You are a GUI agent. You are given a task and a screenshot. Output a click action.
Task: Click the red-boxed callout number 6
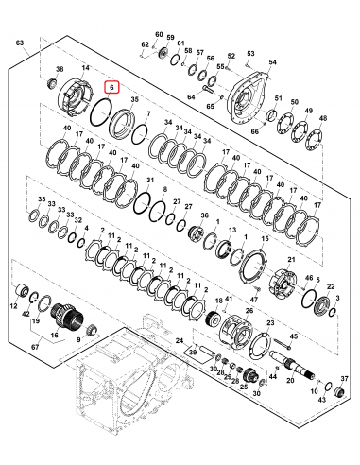pyautogui.click(x=112, y=86)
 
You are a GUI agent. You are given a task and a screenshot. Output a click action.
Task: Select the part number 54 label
pyautogui.click(x=274, y=61)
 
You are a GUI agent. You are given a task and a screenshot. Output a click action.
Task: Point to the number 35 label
pyautogui.click(x=134, y=98)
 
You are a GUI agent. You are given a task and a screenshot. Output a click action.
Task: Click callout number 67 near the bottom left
pyautogui.click(x=35, y=348)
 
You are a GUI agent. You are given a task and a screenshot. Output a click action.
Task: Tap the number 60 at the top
pyautogui.click(x=159, y=33)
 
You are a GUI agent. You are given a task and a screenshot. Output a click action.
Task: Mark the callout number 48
pyautogui.click(x=324, y=118)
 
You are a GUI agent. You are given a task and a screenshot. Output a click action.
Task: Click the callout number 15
pyautogui.click(x=265, y=241)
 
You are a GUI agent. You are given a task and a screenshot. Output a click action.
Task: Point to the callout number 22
pyautogui.click(x=330, y=284)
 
